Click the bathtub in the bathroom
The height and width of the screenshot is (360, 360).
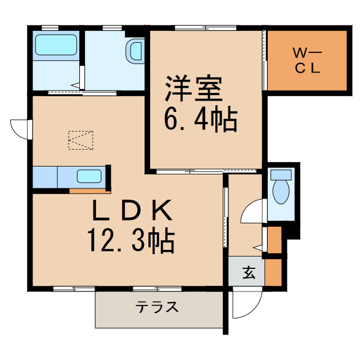coord(56,45)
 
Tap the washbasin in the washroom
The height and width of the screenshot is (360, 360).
coord(136,51)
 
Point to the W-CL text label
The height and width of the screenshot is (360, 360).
coord(307,61)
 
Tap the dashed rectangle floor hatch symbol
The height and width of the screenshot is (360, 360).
coord(80,140)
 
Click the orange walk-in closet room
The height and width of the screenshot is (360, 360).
coord(307,60)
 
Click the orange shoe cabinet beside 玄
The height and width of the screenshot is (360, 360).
coord(273,272)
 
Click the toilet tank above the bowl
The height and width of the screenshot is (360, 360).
coord(280,174)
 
